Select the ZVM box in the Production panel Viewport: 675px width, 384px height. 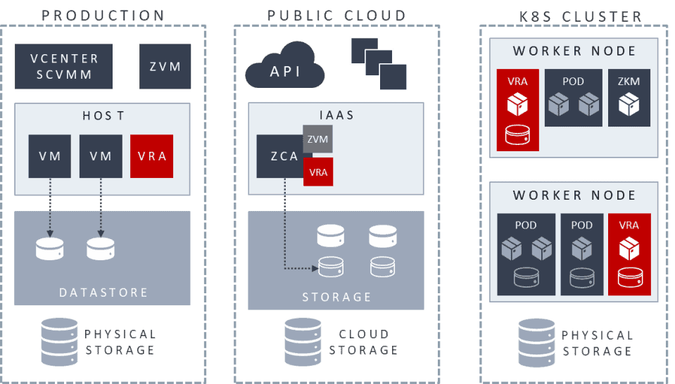click(x=165, y=67)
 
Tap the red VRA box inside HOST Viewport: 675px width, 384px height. click(x=152, y=156)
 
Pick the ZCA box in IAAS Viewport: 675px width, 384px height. click(x=279, y=156)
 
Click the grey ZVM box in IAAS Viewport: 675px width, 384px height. click(x=317, y=139)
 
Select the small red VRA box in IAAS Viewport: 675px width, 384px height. click(x=317, y=172)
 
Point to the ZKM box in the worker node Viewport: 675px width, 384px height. click(x=629, y=98)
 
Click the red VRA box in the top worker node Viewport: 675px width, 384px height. click(x=517, y=110)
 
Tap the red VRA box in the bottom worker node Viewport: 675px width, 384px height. click(x=629, y=254)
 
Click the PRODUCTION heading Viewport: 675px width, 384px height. click(x=103, y=15)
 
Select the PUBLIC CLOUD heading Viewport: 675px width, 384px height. click(x=336, y=15)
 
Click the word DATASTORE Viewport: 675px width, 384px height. click(x=103, y=293)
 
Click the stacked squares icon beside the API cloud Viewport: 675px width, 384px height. click(x=379, y=63)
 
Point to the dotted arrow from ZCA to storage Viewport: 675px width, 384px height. click(x=285, y=232)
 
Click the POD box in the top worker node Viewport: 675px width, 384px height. click(x=573, y=98)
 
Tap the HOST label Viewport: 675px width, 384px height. click(x=103, y=115)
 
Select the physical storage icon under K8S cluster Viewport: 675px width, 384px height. click(x=537, y=341)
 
